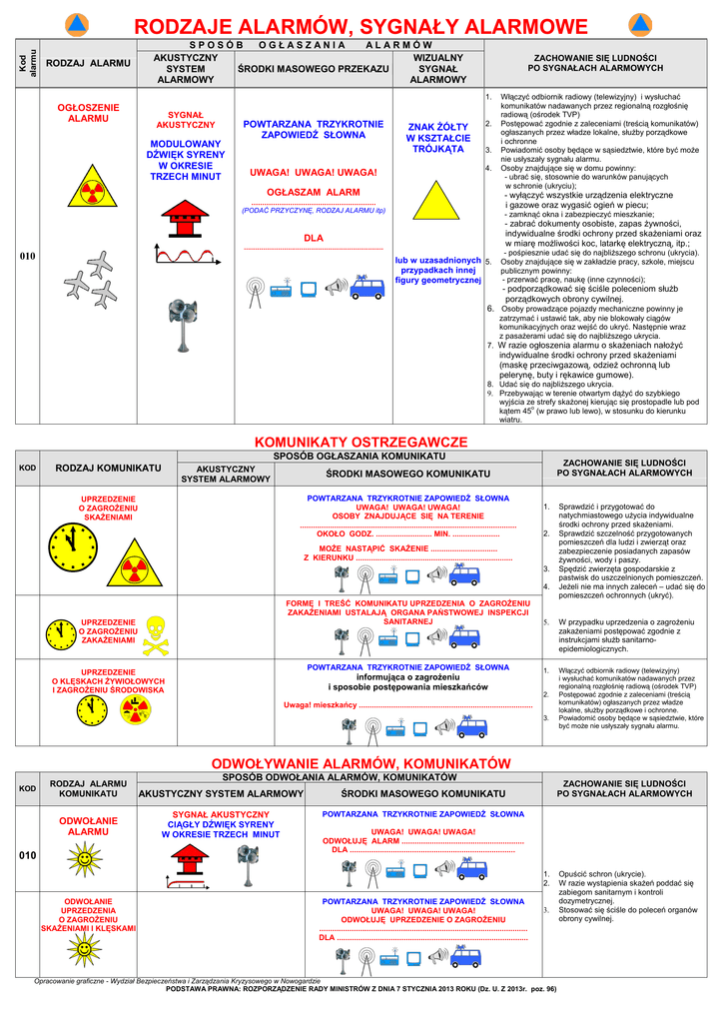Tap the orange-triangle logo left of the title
tap(77, 24)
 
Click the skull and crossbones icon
tap(155, 631)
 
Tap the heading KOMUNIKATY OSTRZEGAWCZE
tap(361, 442)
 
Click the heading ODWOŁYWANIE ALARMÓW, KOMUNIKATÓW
tap(361, 763)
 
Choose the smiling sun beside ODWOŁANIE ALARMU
tap(83, 858)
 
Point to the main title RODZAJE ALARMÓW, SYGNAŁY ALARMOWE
tap(361, 25)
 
